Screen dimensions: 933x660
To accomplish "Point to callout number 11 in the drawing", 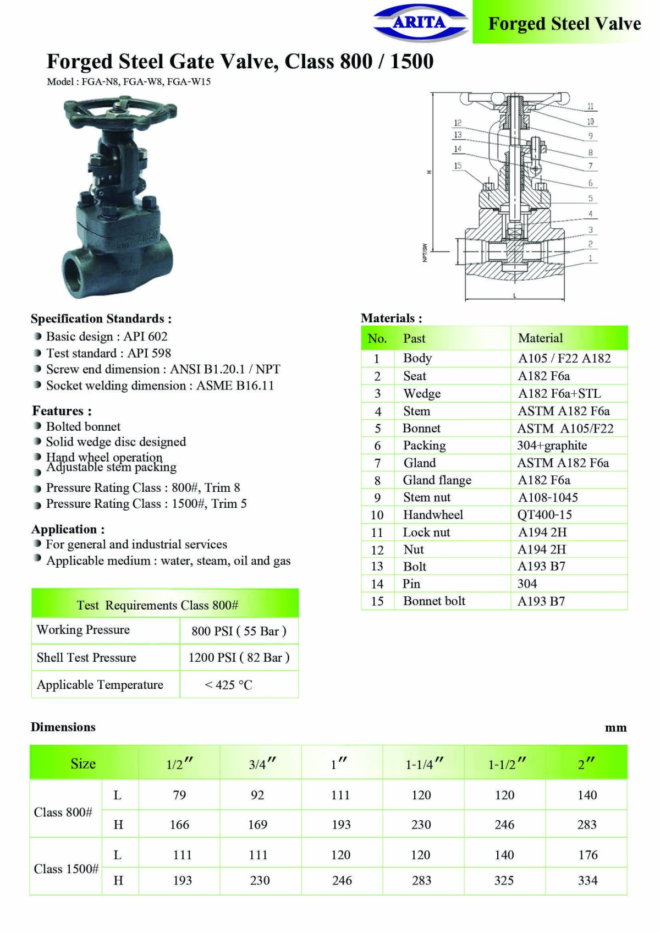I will (590, 106).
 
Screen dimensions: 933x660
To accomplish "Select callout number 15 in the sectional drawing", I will (458, 166).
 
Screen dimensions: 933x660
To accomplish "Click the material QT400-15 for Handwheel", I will (544, 515).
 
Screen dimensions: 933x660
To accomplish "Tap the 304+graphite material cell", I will (552, 446).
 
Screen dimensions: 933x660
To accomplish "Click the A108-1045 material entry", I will (548, 498).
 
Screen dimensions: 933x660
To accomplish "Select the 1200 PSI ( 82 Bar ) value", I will (239, 658).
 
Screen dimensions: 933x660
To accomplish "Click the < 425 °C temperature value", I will (228, 685).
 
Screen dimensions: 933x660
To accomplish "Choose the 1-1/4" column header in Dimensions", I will (424, 764).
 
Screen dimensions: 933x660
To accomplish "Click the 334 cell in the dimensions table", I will (587, 881).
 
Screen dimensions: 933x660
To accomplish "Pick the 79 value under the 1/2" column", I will (179, 795).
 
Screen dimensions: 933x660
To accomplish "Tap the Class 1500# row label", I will (66, 869).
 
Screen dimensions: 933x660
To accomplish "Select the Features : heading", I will (62, 411).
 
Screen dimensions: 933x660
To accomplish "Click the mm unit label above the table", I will (615, 728).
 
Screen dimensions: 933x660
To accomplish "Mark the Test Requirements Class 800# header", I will (158, 606).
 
